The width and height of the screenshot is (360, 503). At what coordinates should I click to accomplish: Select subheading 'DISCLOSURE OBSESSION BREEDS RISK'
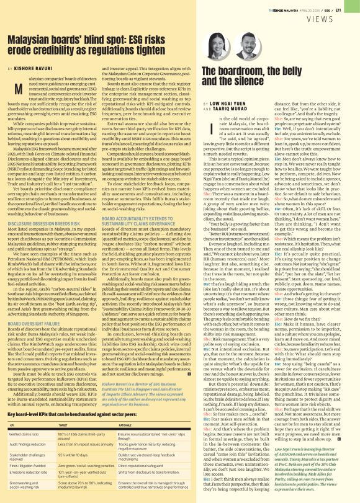(x=43, y=225)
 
